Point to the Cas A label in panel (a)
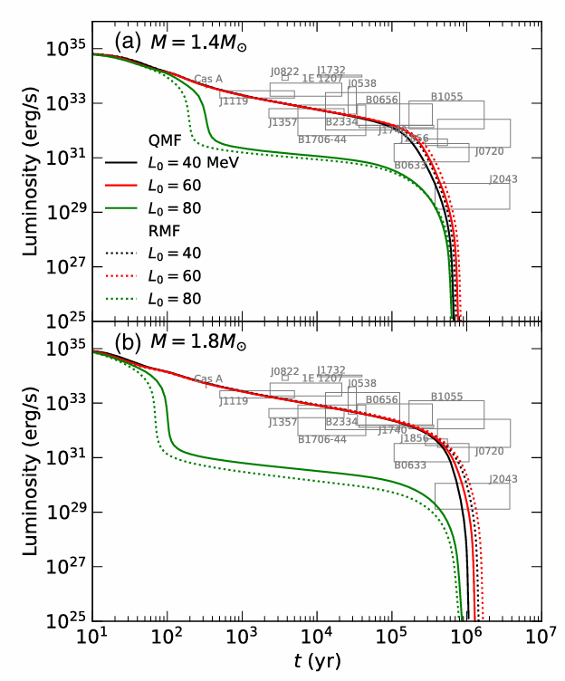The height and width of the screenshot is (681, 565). pos(208,80)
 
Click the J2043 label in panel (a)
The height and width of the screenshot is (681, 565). pos(503,179)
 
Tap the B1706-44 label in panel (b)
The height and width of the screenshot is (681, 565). pos(322,439)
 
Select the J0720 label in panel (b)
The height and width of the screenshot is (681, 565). pos(489,451)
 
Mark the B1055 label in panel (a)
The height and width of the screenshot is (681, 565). pos(446,96)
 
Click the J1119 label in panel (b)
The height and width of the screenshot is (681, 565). pos(234,401)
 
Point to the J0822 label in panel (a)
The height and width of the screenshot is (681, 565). pos(284,70)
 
